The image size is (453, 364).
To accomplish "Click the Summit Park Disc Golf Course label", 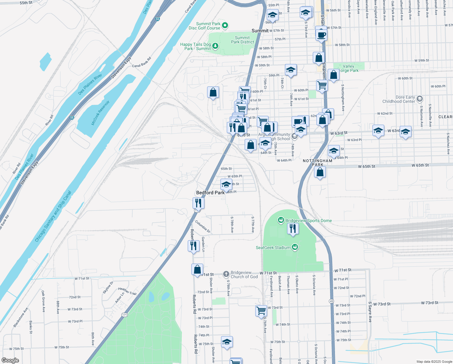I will pyautogui.click(x=205, y=26).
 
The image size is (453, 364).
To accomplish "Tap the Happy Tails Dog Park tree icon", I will pyautogui.click(x=215, y=46).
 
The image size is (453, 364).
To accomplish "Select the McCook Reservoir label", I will pyautogui.click(x=100, y=113).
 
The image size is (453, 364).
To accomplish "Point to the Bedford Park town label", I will pyautogui.click(x=210, y=193).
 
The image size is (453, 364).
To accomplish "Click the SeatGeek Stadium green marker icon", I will pyautogui.click(x=295, y=248).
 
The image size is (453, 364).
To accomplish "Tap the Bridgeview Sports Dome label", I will pyautogui.click(x=309, y=221).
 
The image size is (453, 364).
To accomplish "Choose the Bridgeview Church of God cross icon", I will pyautogui.click(x=226, y=275).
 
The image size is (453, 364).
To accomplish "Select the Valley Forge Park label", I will pyautogui.click(x=349, y=68).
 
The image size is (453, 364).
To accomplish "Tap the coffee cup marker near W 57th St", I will pyautogui.click(x=321, y=34).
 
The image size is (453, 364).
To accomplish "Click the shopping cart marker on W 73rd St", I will pyautogui.click(x=261, y=311).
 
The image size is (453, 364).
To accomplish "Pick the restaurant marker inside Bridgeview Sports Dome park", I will pyautogui.click(x=293, y=228).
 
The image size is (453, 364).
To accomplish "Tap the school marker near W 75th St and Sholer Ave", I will pyautogui.click(x=227, y=342).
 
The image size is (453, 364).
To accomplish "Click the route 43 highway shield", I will pyautogui.click(x=331, y=301).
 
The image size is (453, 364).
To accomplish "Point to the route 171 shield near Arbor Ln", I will pyautogui.click(x=124, y=315).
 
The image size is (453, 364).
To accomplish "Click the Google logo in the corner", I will pyautogui.click(x=10, y=360).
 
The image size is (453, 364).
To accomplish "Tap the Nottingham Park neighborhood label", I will pyautogui.click(x=318, y=163).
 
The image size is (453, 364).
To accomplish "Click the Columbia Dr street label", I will pyautogui.click(x=203, y=227).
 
